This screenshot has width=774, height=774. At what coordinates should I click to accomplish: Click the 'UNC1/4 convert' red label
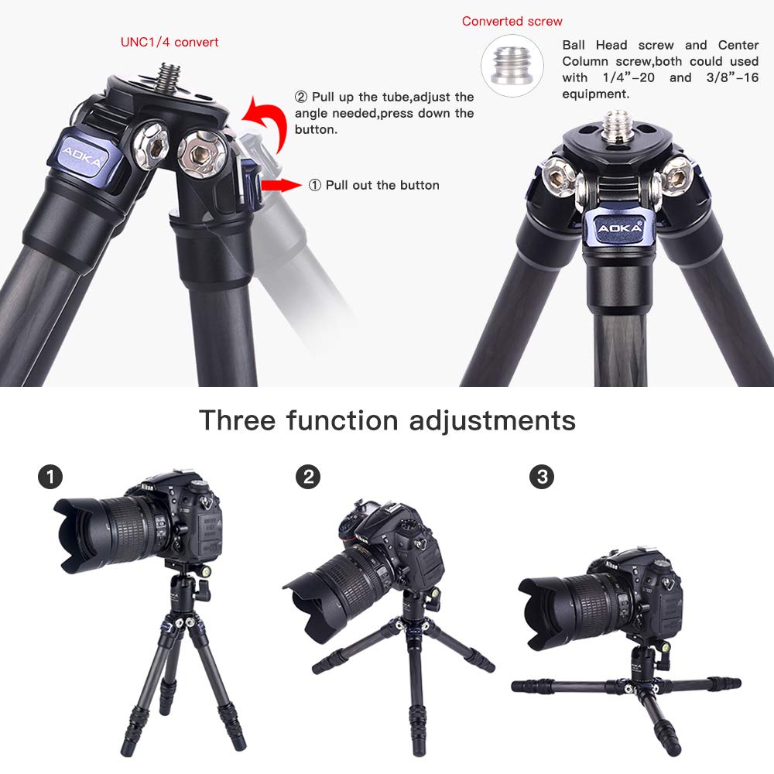pos(170,42)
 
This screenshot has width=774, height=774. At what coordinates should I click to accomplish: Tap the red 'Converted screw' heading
pos(512,21)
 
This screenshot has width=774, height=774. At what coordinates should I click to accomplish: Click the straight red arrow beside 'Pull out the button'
pos(281,185)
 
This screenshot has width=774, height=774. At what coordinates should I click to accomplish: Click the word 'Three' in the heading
pos(237,420)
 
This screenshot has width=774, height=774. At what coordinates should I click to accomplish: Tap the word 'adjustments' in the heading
pos(492,420)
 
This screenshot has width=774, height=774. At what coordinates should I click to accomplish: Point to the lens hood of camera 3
pos(541,611)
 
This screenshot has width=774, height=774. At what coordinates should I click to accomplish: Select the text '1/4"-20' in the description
pos(617,77)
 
